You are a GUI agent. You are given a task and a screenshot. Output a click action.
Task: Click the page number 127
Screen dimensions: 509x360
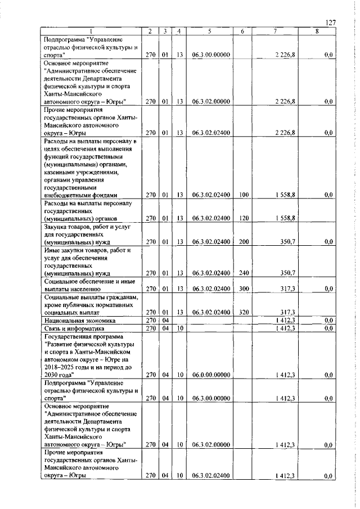point(331,22)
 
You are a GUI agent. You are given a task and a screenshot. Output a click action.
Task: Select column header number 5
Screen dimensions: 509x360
point(209,31)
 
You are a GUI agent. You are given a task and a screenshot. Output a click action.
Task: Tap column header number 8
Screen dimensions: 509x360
point(317,31)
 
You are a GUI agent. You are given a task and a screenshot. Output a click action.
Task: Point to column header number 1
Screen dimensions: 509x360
point(92,31)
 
